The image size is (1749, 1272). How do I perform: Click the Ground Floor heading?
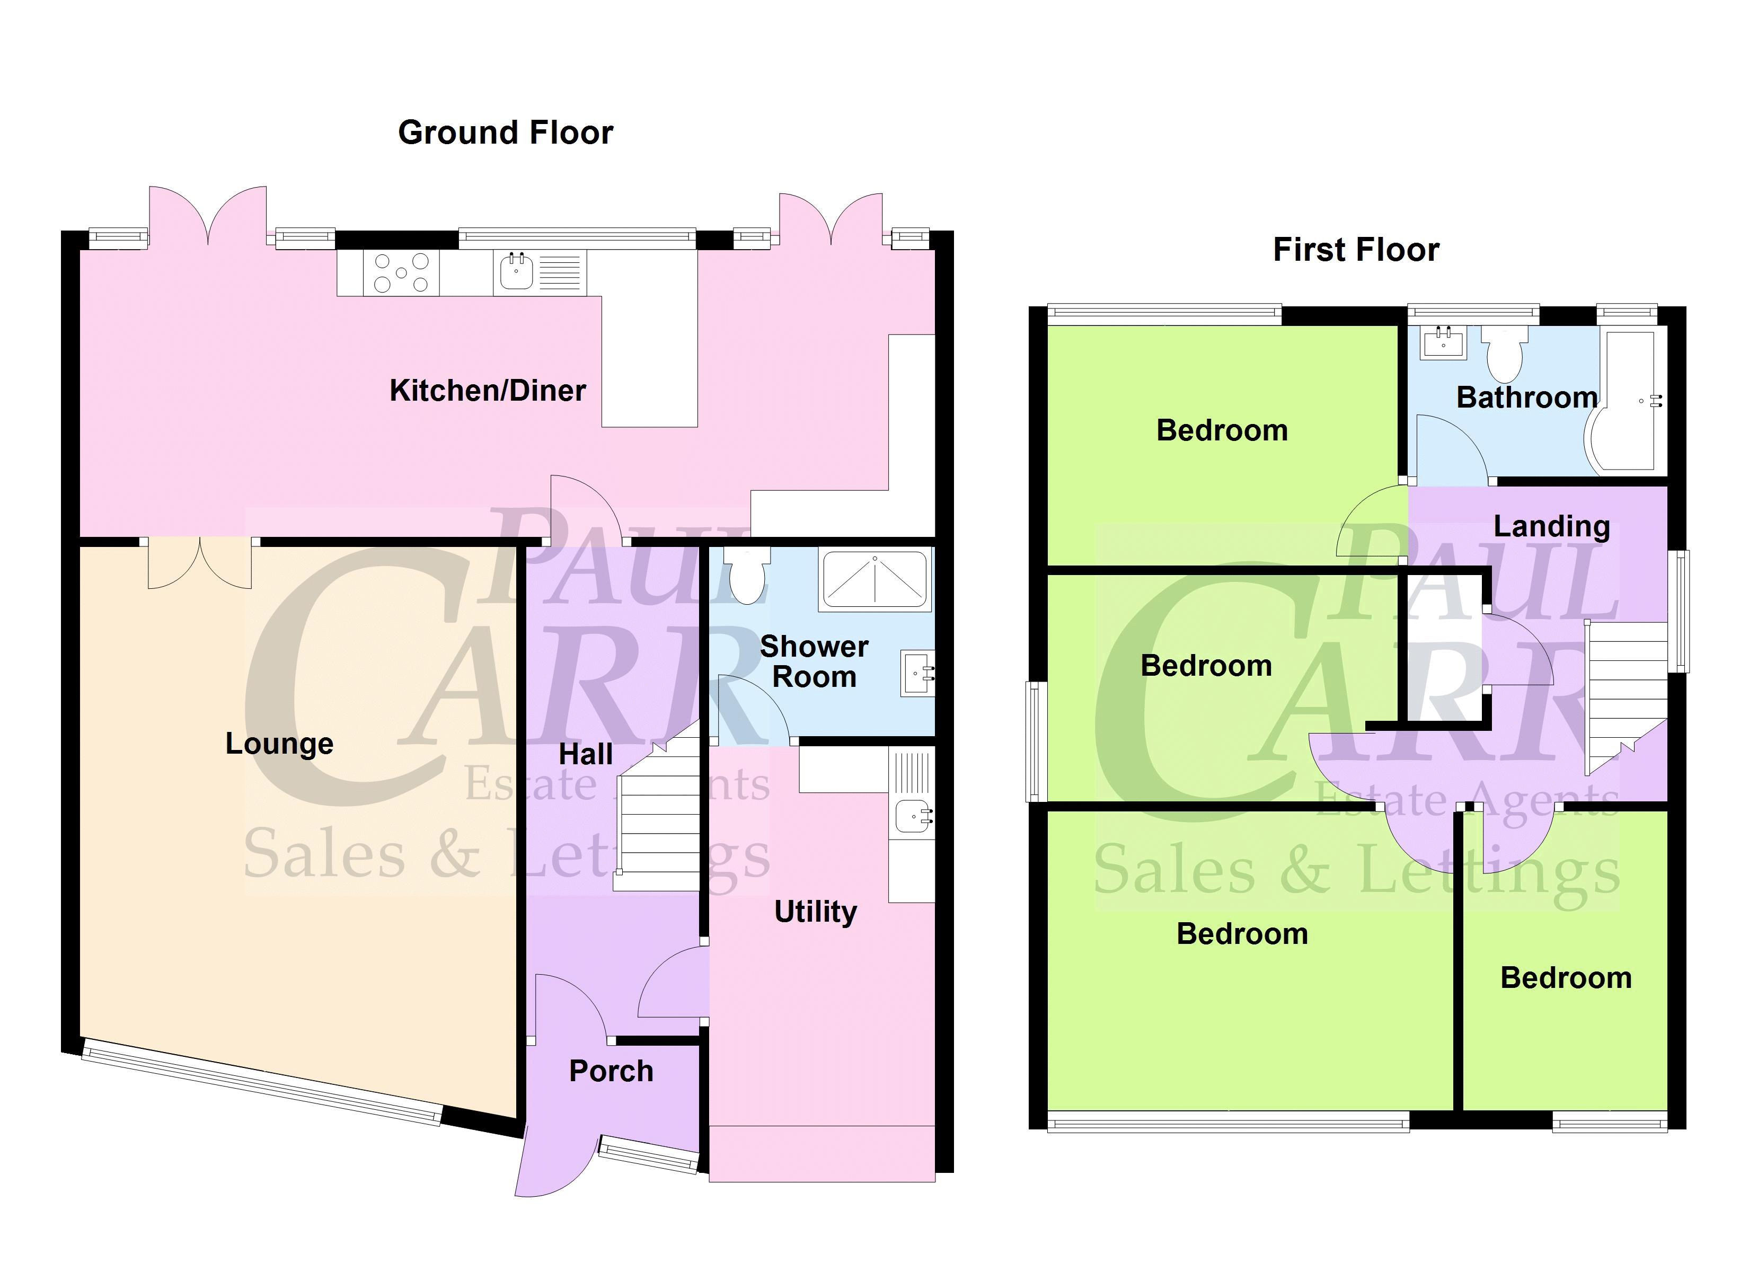pyautogui.click(x=505, y=132)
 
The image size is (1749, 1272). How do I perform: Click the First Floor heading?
pyautogui.click(x=1356, y=250)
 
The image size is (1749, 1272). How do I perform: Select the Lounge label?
pyautogui.click(x=279, y=744)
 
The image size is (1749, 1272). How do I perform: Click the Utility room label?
pyautogui.click(x=815, y=912)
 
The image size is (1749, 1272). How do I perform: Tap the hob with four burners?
pyautogui.click(x=401, y=272)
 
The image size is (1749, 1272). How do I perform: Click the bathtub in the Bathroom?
pyautogui.click(x=1626, y=401)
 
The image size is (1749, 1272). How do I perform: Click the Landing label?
pyautogui.click(x=1552, y=526)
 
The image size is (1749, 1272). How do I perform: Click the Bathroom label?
pyautogui.click(x=1527, y=397)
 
